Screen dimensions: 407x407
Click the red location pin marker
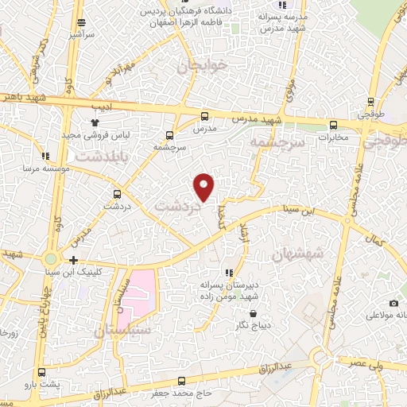(204, 186)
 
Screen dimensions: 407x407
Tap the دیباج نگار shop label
(250, 326)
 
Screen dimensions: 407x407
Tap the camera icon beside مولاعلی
(393, 303)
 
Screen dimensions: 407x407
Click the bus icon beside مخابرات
(333, 124)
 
